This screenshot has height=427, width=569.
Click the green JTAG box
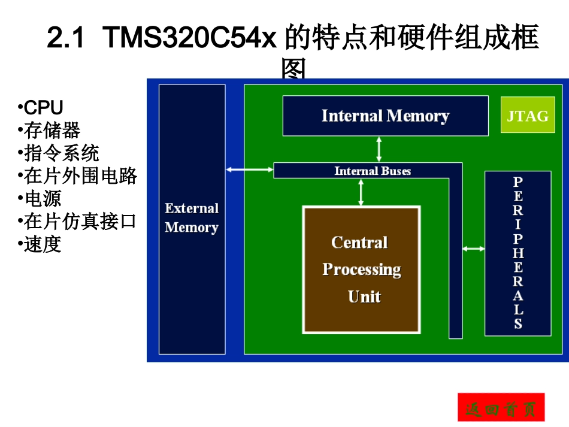528,116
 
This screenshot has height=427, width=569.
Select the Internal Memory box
385,116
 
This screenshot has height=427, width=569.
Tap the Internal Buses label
373,171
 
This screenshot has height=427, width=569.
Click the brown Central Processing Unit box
361,269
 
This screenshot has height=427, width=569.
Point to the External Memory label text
192,218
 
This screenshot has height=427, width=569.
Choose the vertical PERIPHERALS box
517,253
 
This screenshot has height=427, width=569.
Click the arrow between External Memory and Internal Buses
249,170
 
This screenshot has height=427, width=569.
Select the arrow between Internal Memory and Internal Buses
379,149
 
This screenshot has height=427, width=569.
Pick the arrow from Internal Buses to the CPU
361,192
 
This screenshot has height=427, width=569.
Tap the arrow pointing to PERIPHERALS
473,248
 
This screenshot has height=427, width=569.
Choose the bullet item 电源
43,199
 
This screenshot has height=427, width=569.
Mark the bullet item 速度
43,244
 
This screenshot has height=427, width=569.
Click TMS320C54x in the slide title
190,40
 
